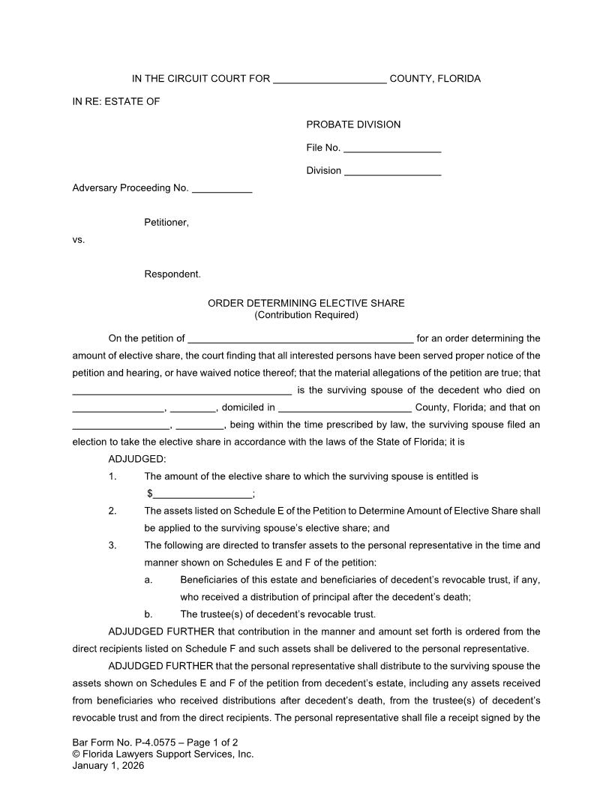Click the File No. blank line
pos(392,148)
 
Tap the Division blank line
pos(392,172)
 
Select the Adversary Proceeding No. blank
pos(222,189)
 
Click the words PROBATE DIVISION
pos(353,124)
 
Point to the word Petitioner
pos(166,223)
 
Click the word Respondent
pos(172,274)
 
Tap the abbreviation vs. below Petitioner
pos(79,240)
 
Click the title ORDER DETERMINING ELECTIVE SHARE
pos(306,304)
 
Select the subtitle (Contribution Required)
pos(306,315)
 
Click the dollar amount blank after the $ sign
pos(202,494)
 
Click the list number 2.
pos(112,511)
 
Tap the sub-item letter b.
pos(148,614)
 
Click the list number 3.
pos(112,545)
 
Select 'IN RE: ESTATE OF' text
pos(116,101)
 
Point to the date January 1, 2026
pos(108,766)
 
